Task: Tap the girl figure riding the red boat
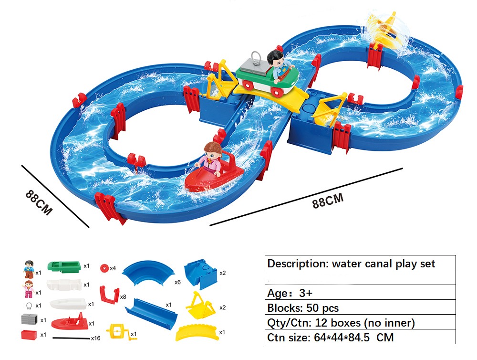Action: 210,159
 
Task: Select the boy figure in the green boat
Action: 279,65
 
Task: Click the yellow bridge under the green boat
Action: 271,95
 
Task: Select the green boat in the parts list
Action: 64,266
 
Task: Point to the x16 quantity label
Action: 95,338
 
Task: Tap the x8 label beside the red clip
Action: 123,296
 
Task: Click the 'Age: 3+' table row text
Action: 290,293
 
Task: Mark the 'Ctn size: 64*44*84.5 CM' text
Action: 331,338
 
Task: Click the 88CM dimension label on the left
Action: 39,202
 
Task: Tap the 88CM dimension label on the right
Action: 328,201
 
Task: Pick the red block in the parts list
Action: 29,334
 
